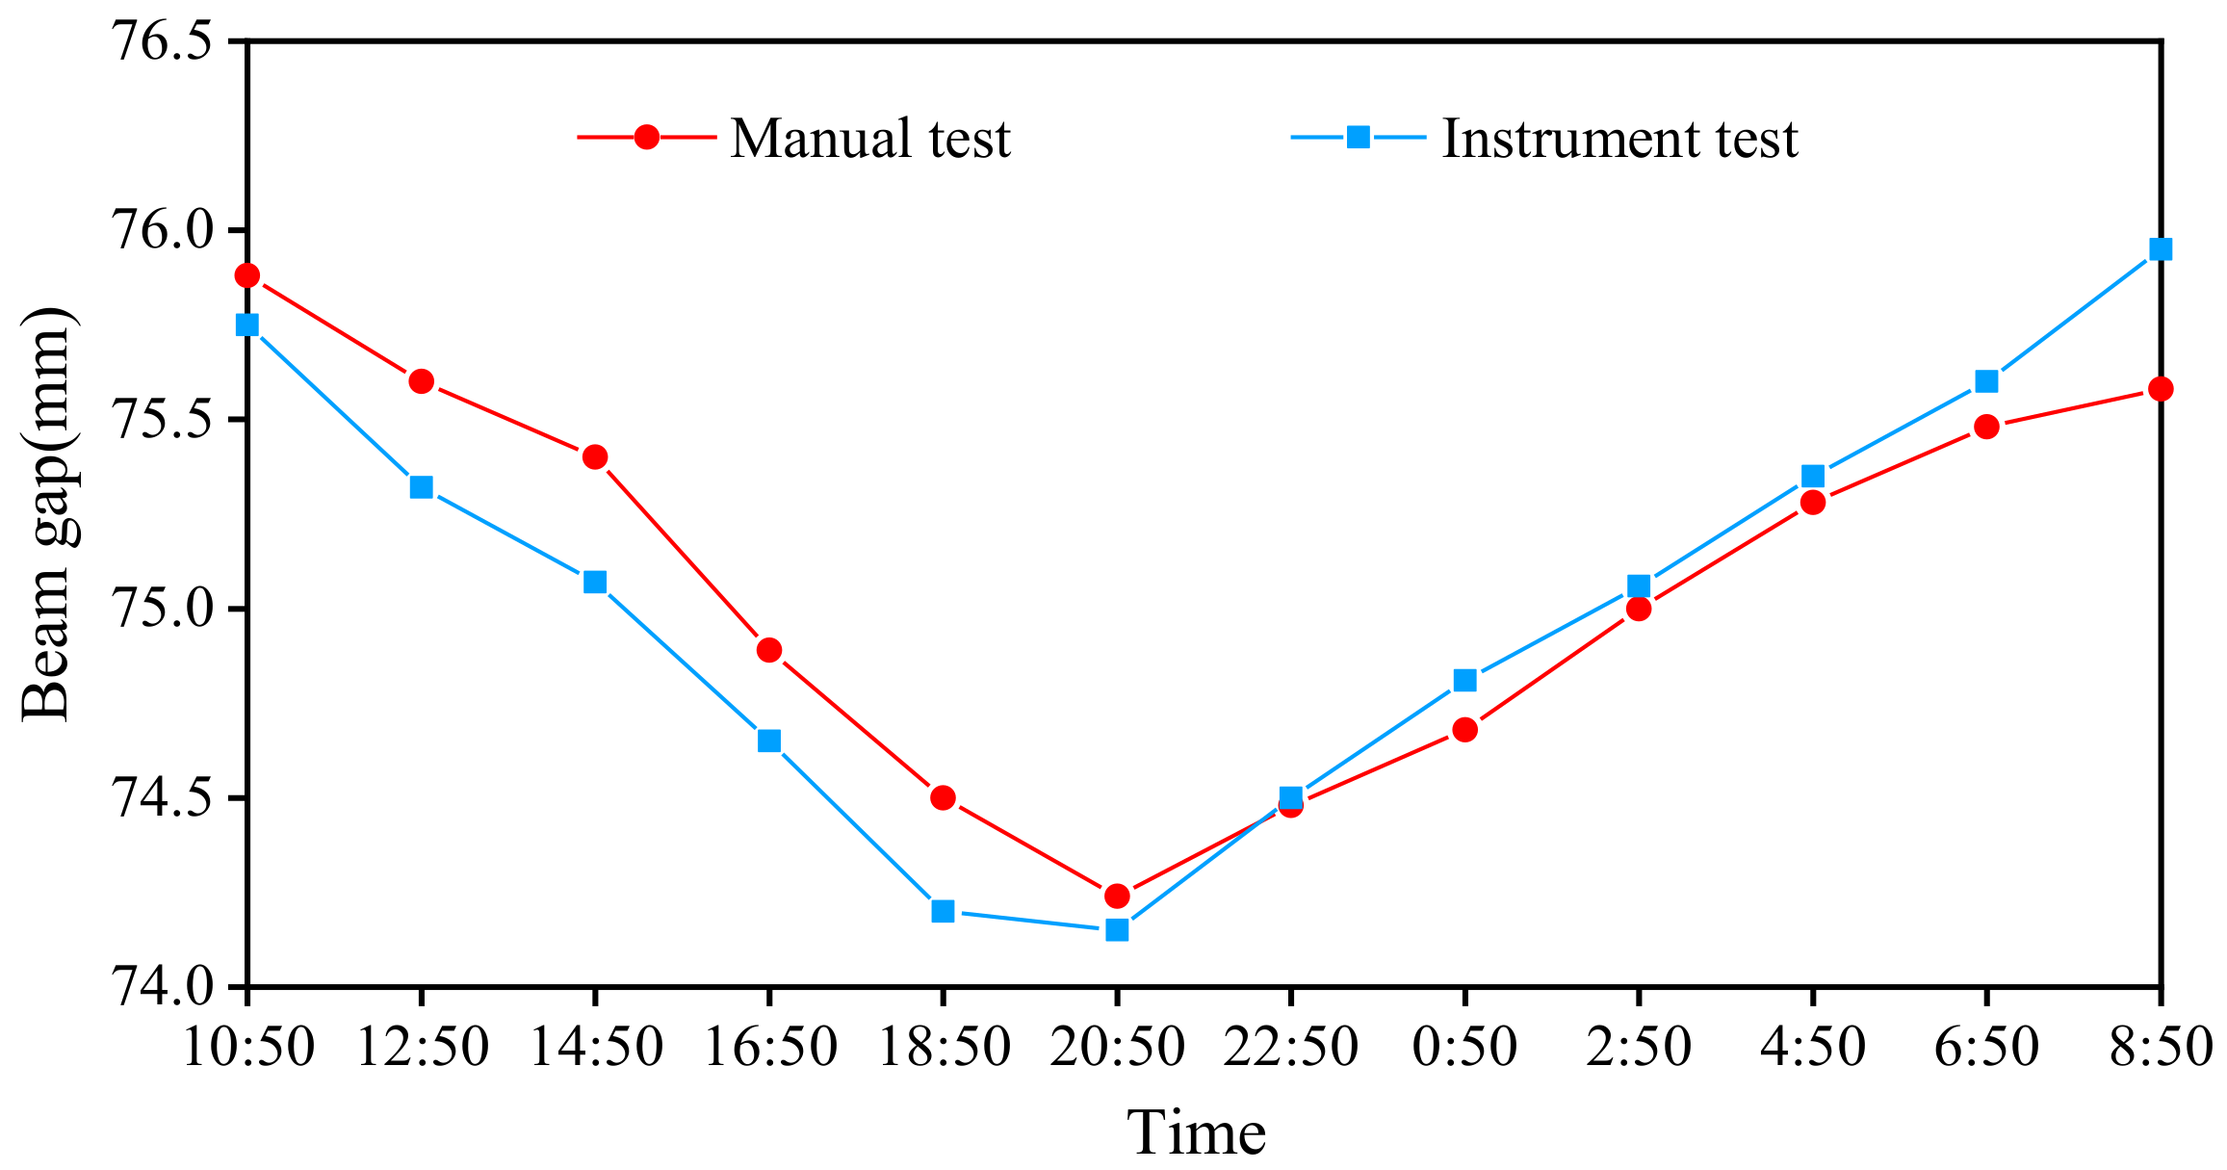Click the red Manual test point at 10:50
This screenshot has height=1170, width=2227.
coord(247,276)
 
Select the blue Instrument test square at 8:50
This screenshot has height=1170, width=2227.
coord(2161,249)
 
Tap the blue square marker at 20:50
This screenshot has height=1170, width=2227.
coord(1117,930)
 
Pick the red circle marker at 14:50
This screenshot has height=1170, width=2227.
coord(595,456)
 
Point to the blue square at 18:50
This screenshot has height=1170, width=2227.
coord(943,911)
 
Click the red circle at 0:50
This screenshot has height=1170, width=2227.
coord(1464,730)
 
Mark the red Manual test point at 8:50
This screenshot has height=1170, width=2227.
coord(2161,389)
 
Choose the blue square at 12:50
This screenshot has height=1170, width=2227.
coord(421,487)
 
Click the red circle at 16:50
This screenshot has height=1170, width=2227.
coord(769,651)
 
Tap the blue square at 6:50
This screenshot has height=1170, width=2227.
coord(1986,381)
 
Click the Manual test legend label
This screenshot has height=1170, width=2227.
coord(870,139)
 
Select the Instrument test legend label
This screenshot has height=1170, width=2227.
coord(1619,139)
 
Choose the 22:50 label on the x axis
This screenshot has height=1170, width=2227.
coord(1290,1047)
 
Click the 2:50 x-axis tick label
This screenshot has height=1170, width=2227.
coord(1638,1047)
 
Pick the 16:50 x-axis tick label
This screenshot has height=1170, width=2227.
coord(769,1047)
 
